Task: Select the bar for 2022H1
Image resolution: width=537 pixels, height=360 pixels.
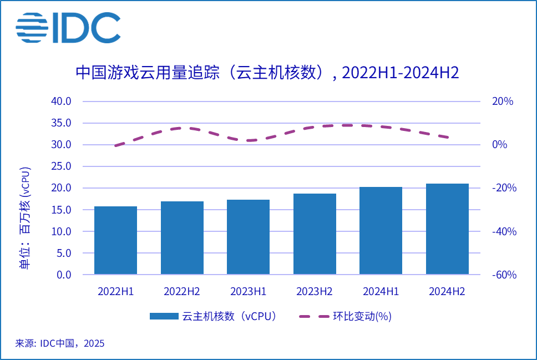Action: pyautogui.click(x=115, y=240)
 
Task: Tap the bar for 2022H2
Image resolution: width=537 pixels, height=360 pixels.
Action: pyautogui.click(x=182, y=238)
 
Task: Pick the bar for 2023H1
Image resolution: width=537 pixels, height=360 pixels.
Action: pyautogui.click(x=248, y=237)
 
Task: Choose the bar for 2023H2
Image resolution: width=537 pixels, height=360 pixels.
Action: pyautogui.click(x=315, y=234)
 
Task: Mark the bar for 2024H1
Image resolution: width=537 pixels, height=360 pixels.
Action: pyautogui.click(x=381, y=230)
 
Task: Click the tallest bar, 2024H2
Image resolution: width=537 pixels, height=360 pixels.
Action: pyautogui.click(x=447, y=229)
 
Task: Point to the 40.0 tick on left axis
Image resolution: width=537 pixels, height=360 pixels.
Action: pyautogui.click(x=61, y=102)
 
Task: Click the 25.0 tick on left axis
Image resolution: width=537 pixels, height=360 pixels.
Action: pyautogui.click(x=61, y=166)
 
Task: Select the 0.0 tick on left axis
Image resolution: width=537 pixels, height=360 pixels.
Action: pyautogui.click(x=63, y=275)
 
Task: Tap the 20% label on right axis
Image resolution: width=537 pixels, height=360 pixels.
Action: pyautogui.click(x=503, y=102)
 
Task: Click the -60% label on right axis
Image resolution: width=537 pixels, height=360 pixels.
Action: pyautogui.click(x=504, y=275)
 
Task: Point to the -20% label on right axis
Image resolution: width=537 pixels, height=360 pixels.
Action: pyautogui.click(x=504, y=188)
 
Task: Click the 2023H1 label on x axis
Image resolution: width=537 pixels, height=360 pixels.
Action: pyautogui.click(x=248, y=291)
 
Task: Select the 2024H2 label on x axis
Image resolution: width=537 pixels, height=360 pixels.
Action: pyautogui.click(x=447, y=291)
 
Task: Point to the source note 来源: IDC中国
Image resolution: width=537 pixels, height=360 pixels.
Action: pyautogui.click(x=60, y=343)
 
